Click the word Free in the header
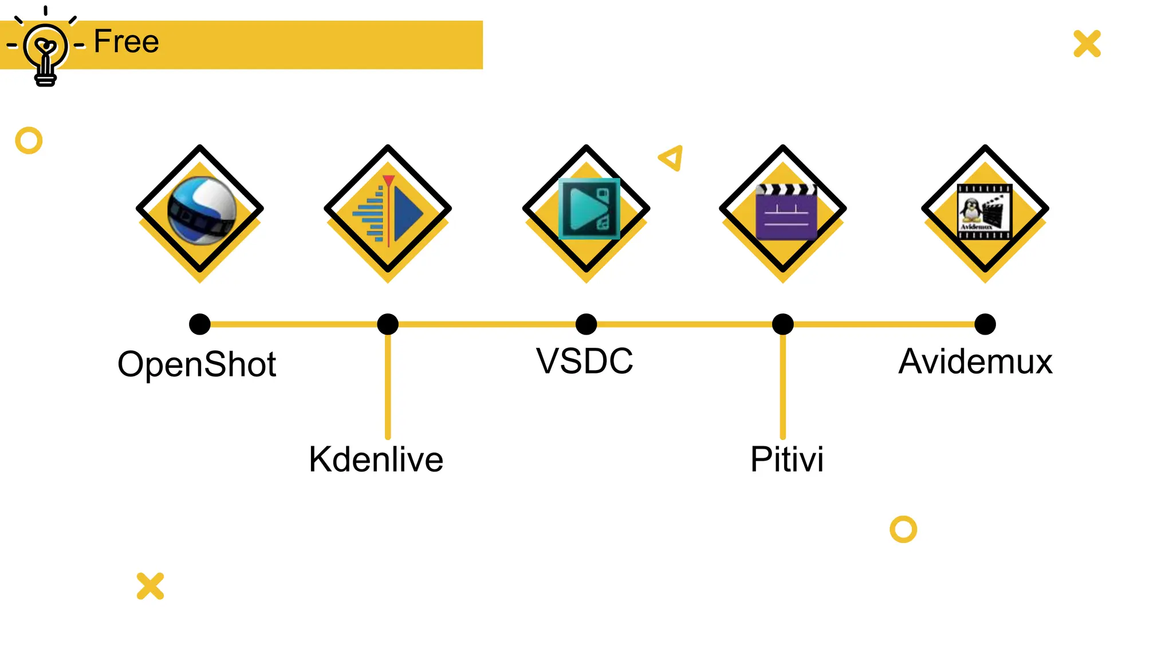point(126,42)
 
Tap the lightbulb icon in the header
point(45,49)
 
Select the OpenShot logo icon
point(201,210)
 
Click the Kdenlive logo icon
point(388,210)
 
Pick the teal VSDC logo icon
point(589,209)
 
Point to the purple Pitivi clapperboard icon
point(786,211)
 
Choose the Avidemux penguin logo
point(985,211)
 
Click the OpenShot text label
point(196,364)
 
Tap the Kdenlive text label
point(376,459)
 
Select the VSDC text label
point(584,361)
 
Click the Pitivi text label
point(787,459)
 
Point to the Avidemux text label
point(975,362)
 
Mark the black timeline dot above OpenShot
point(200,324)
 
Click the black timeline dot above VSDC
point(586,324)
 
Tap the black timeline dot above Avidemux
point(985,324)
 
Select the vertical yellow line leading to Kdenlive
point(388,387)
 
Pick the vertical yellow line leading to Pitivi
point(783,387)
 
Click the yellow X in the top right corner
point(1087,44)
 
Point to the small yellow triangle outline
point(672,158)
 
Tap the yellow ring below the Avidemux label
point(903,529)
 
